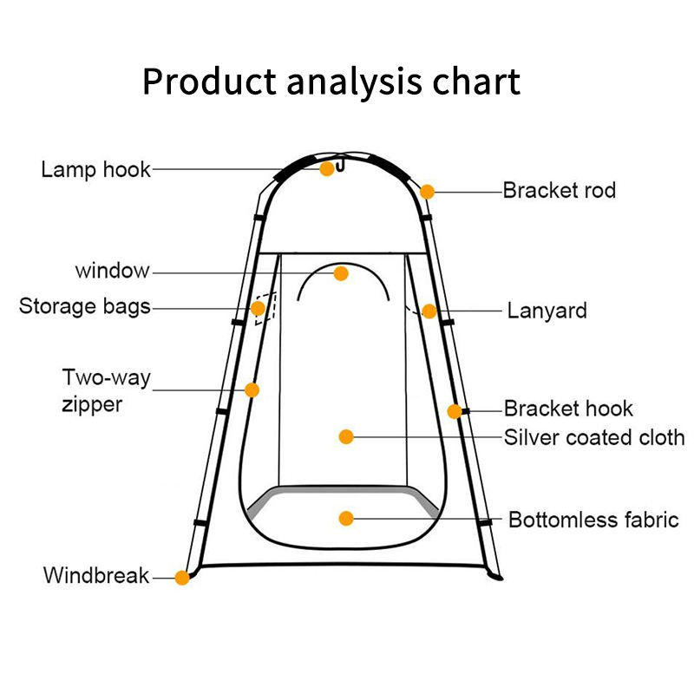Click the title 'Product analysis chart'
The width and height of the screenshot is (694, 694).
[331, 82]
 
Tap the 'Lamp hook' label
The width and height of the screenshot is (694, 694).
[95, 169]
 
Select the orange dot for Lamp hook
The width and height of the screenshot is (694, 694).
[327, 169]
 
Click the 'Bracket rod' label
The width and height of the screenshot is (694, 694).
[559, 190]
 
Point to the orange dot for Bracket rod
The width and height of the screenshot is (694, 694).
[427, 191]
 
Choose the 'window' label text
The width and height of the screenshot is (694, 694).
[112, 271]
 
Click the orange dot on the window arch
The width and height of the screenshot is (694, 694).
[341, 273]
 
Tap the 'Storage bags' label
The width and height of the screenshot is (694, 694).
[85, 306]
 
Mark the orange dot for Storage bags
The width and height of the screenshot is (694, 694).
[259, 308]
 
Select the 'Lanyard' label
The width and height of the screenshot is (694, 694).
[547, 311]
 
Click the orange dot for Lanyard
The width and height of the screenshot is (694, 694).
[429, 311]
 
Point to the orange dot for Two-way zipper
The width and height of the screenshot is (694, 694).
[252, 390]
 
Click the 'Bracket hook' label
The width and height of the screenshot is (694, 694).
[568, 409]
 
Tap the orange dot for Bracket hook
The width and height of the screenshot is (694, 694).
[455, 411]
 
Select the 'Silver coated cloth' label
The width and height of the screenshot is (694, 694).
[594, 437]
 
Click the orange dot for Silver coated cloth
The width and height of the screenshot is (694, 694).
[346, 436]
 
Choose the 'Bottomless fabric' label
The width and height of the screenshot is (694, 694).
[593, 520]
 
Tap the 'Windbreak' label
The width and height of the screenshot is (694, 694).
[96, 575]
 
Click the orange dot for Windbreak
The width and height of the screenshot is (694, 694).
[182, 577]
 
